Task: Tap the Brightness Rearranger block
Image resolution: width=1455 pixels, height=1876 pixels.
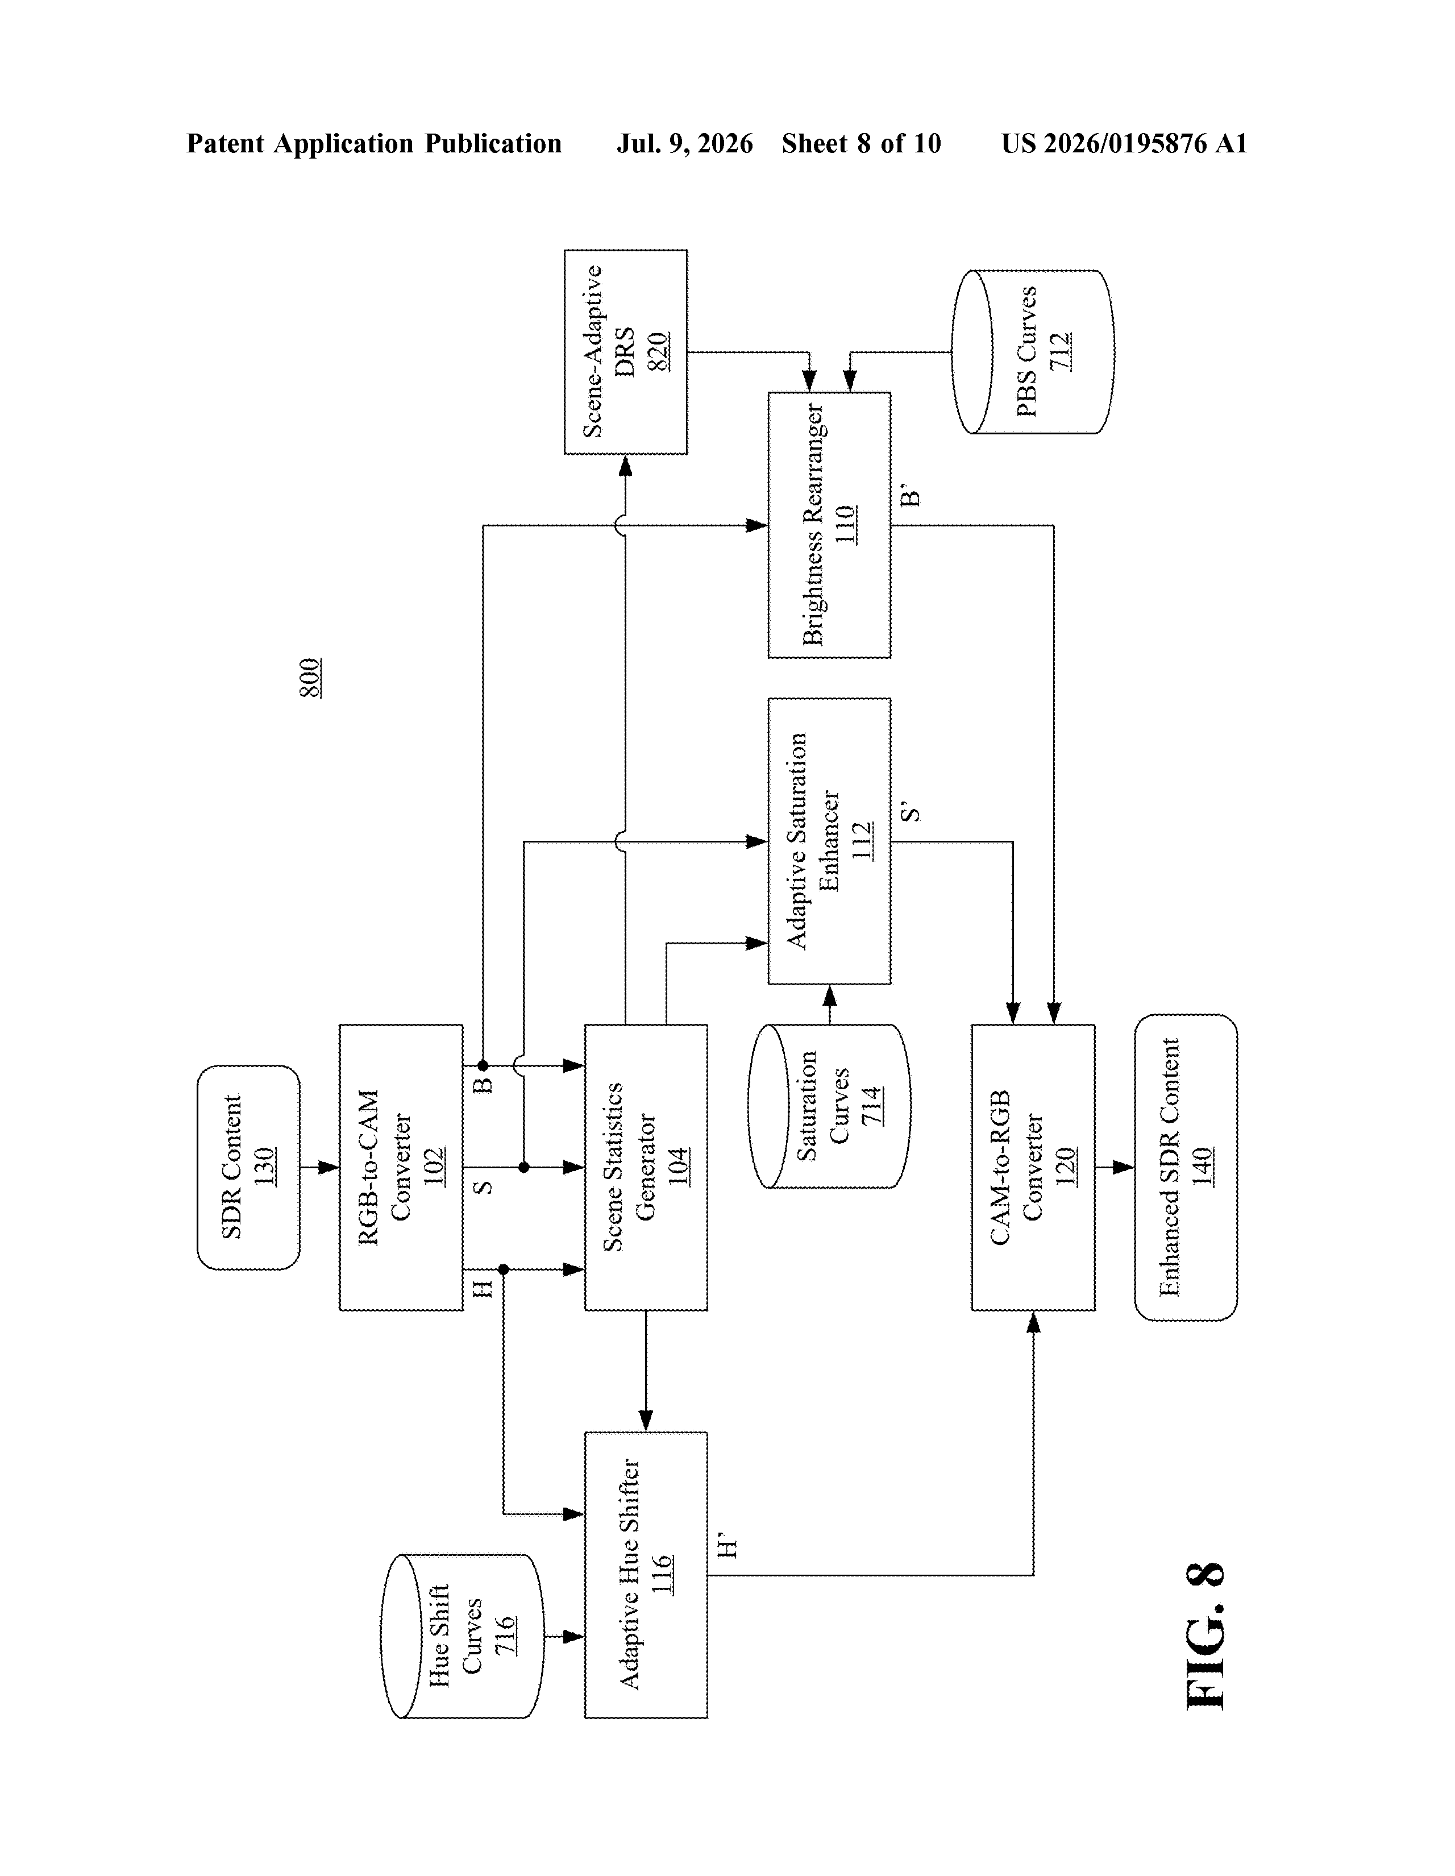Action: click(x=829, y=525)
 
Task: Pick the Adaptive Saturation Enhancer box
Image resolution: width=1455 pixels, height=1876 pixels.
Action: click(x=829, y=841)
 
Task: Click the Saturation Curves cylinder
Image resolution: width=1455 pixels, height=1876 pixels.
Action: click(x=829, y=1106)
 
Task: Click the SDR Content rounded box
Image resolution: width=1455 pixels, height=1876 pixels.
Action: click(x=248, y=1167)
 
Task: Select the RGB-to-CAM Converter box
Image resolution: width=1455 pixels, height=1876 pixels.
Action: click(x=401, y=1167)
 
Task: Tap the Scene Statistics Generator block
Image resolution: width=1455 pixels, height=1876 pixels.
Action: click(x=646, y=1167)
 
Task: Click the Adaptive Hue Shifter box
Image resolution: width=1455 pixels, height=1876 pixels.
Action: click(x=646, y=1575)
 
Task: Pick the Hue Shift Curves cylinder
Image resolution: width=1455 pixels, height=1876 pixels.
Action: click(x=462, y=1636)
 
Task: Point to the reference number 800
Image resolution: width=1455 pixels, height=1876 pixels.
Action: click(x=310, y=678)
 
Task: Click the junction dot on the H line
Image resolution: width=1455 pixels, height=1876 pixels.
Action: click(x=504, y=1269)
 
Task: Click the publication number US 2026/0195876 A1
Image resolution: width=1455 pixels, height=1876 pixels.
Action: click(x=1124, y=143)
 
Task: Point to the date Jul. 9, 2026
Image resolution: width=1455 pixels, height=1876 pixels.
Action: click(x=684, y=143)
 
